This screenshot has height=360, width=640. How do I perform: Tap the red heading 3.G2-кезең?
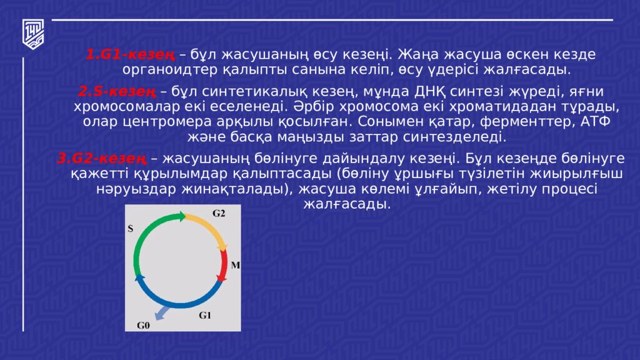pyautogui.click(x=102, y=159)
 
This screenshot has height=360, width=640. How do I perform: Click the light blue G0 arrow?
pyautogui.click(x=163, y=312)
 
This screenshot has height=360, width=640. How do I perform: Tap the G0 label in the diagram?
pyautogui.click(x=143, y=325)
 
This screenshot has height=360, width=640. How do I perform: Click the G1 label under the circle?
pyautogui.click(x=205, y=315)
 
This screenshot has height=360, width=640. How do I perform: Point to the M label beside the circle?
pyautogui.click(x=235, y=265)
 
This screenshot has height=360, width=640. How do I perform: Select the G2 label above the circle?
pyautogui.click(x=218, y=213)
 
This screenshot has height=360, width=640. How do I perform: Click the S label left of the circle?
pyautogui.click(x=131, y=229)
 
